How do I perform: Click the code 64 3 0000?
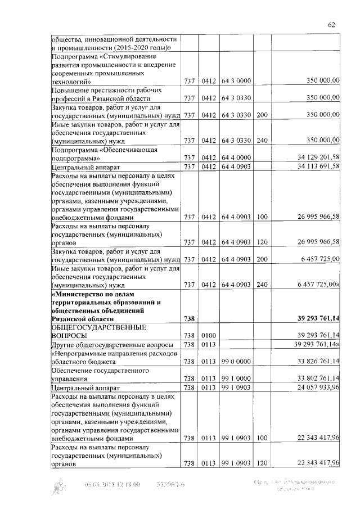[x=236, y=82]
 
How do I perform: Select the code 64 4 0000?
[x=236, y=158]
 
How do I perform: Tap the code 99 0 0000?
[x=236, y=361]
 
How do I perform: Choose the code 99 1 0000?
[x=236, y=379]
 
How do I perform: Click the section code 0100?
[x=209, y=336]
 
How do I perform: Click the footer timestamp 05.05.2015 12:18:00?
[x=112, y=484]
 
